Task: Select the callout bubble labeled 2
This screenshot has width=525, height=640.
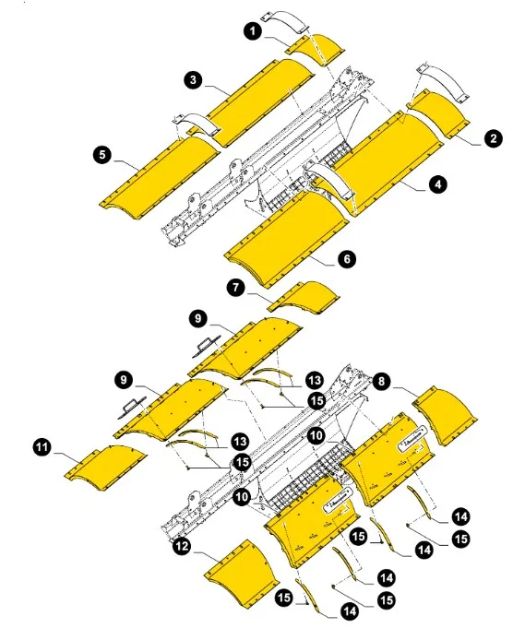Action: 494,139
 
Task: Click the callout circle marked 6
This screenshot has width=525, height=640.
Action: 346,260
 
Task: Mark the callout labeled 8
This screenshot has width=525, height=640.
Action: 382,378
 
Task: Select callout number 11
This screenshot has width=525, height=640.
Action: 42,448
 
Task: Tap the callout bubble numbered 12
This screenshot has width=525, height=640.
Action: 184,547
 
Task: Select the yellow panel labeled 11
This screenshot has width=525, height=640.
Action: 105,462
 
